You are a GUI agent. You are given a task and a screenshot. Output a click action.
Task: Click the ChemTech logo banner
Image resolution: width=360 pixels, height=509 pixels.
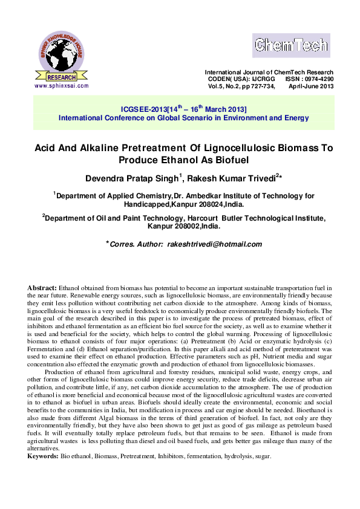click(291, 45)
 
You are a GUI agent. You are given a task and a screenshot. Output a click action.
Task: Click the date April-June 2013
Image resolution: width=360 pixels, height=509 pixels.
click(311, 86)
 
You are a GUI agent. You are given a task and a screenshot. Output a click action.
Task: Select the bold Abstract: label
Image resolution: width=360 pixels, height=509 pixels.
click(42, 286)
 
